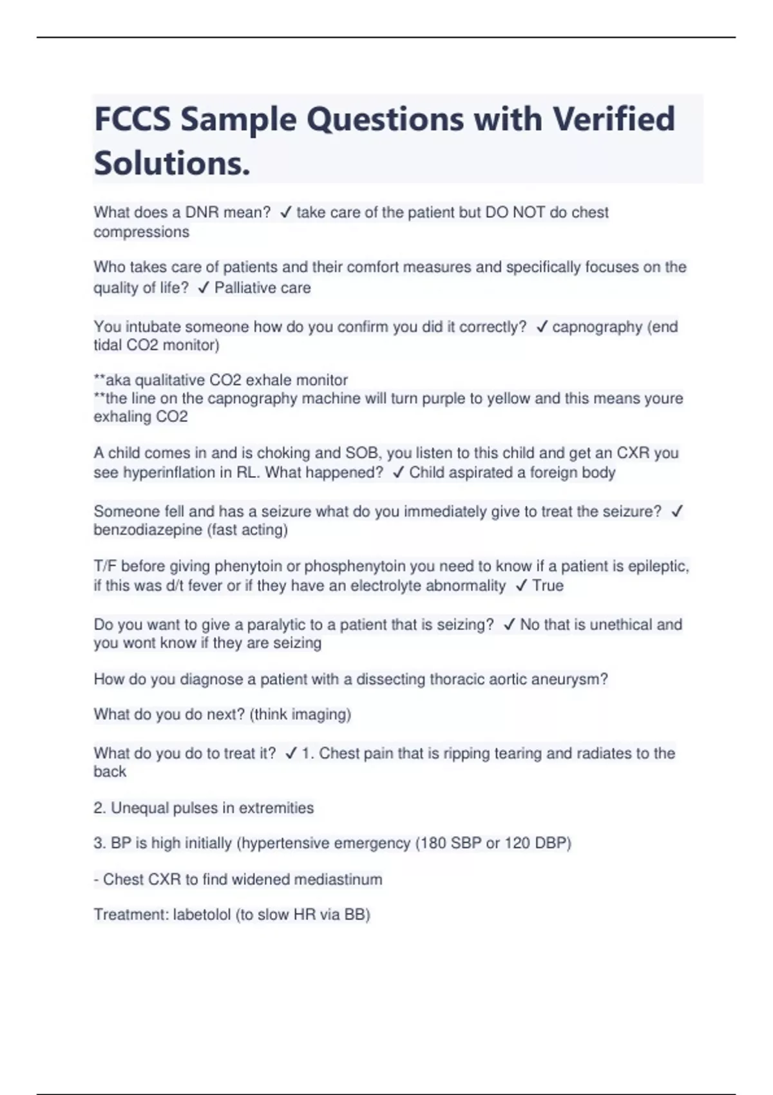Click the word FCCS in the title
coord(133,119)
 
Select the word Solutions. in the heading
coord(172,163)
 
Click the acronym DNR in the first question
coord(202,213)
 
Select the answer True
coord(548,586)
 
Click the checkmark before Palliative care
coord(204,288)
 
